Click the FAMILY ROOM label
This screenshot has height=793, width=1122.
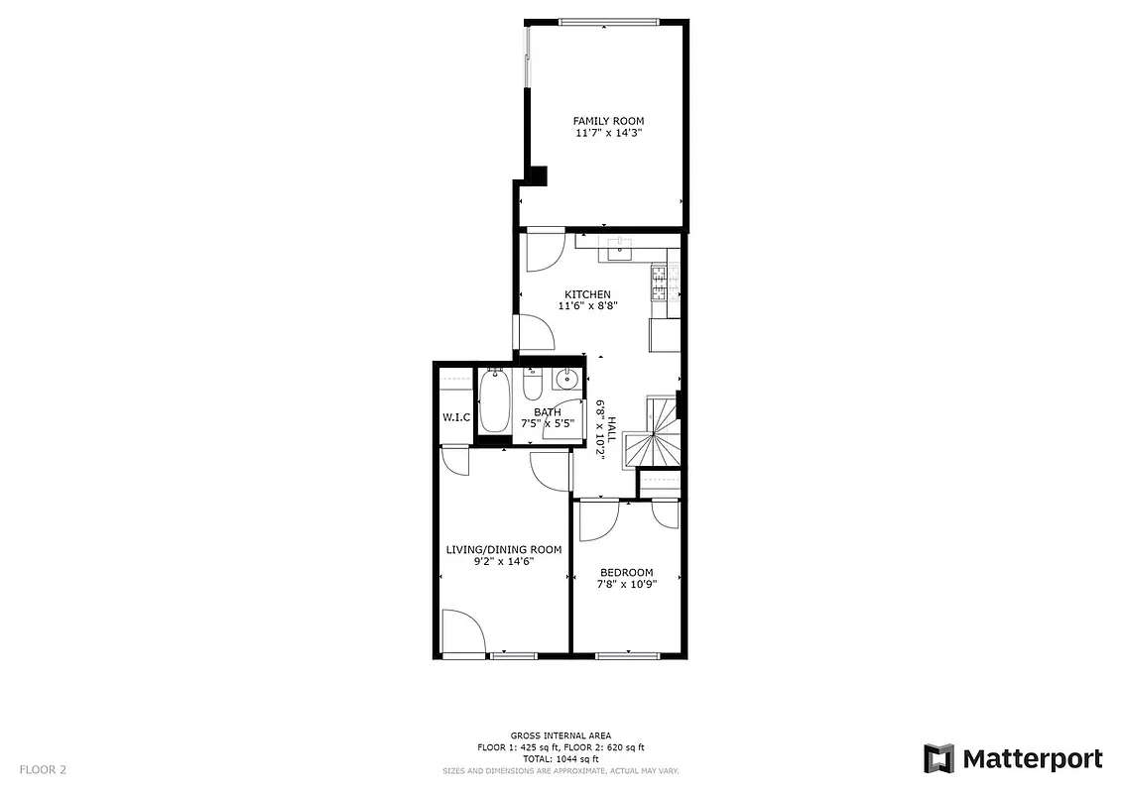601,121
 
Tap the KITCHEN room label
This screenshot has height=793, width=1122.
587,294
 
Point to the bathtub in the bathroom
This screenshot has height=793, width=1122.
495,402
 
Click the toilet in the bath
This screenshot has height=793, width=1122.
532,383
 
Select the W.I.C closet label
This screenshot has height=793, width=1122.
455,417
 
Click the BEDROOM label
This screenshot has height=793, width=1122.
627,572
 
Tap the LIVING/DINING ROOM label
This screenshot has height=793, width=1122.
503,549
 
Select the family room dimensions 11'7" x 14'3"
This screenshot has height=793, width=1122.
601,133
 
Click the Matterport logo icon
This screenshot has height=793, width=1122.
938,759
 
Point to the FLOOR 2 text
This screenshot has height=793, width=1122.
43,769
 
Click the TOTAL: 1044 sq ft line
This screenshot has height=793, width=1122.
561,758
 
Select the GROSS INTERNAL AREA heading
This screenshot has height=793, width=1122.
561,736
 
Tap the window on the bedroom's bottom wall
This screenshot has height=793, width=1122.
628,654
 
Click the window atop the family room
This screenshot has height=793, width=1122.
606,21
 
